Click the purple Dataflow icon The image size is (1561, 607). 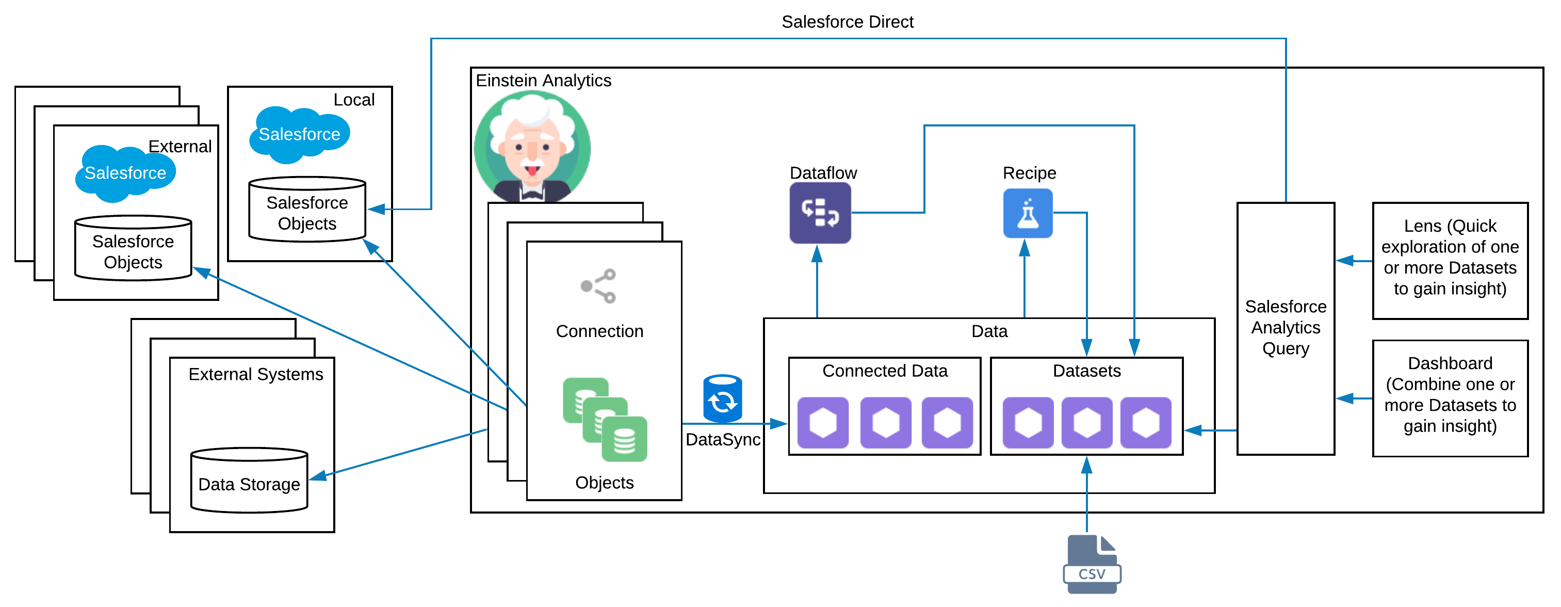pyautogui.click(x=820, y=213)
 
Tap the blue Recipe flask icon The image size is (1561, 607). pyautogui.click(x=1027, y=213)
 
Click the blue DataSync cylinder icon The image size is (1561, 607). pyautogui.click(x=722, y=398)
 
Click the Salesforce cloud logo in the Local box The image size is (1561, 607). pyautogui.click(x=299, y=134)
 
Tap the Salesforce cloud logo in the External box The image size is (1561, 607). pyautogui.click(x=125, y=173)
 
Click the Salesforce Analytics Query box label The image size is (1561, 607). pyautogui.click(x=1286, y=327)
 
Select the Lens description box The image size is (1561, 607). pyautogui.click(x=1450, y=260)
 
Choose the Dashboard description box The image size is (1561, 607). pyautogui.click(x=1450, y=398)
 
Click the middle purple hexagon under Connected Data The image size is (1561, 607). pyautogui.click(x=885, y=423)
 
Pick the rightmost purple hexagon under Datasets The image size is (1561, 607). pyautogui.click(x=1145, y=423)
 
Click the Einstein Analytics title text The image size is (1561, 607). pyautogui.click(x=543, y=81)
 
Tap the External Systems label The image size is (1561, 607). pyautogui.click(x=256, y=374)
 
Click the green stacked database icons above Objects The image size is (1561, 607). pyautogui.click(x=605, y=420)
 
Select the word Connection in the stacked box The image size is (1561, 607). pyautogui.click(x=599, y=331)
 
